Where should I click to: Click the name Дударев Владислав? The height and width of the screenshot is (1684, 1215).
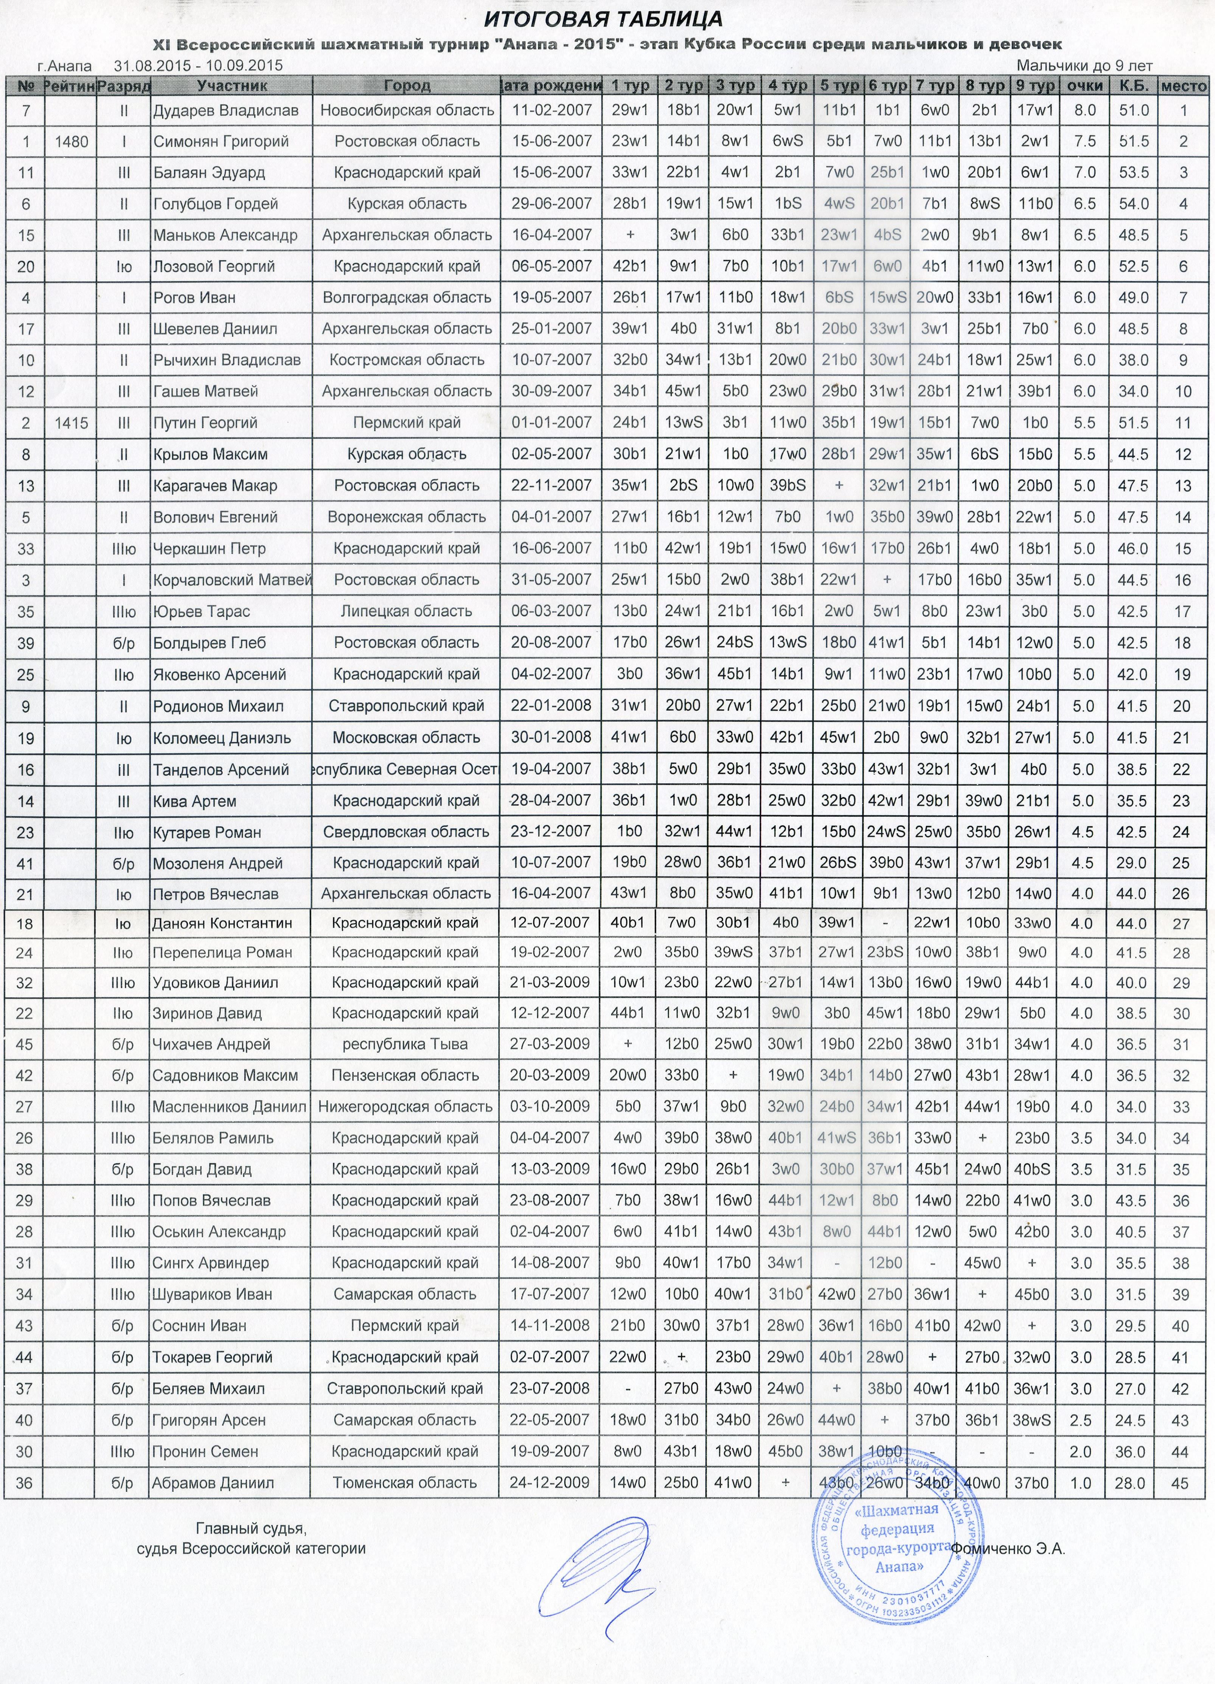pos(226,111)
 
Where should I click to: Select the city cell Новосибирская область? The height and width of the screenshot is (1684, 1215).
pos(407,111)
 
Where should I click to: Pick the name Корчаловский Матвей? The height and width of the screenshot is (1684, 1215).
pos(231,580)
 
